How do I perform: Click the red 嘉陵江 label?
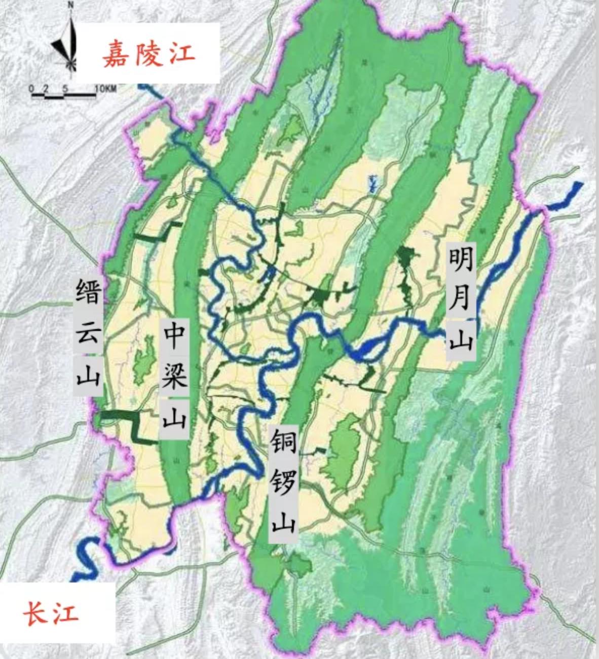[149, 54]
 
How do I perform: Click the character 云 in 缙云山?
[89, 334]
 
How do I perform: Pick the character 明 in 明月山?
[461, 260]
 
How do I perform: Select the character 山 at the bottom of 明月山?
[461, 339]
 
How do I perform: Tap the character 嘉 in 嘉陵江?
[116, 54]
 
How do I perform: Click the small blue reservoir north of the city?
[373, 184]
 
